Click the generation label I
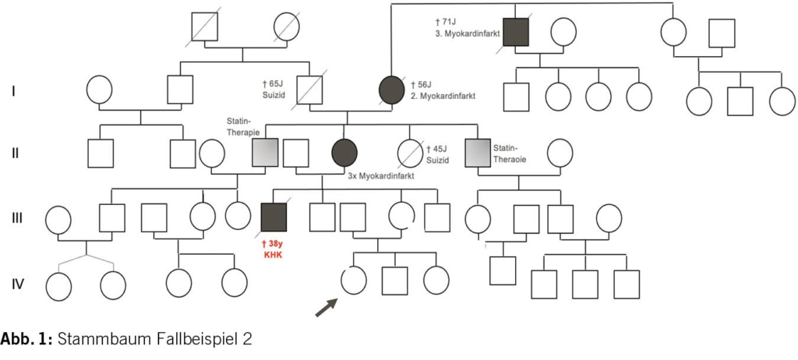(14, 91)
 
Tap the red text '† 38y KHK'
(275, 249)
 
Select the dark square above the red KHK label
(274, 217)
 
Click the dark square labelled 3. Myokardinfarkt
(517, 32)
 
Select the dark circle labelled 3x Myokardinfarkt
(344, 152)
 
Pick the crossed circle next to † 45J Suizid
(410, 152)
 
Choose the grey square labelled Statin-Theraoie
(477, 152)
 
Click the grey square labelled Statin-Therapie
(265, 152)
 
